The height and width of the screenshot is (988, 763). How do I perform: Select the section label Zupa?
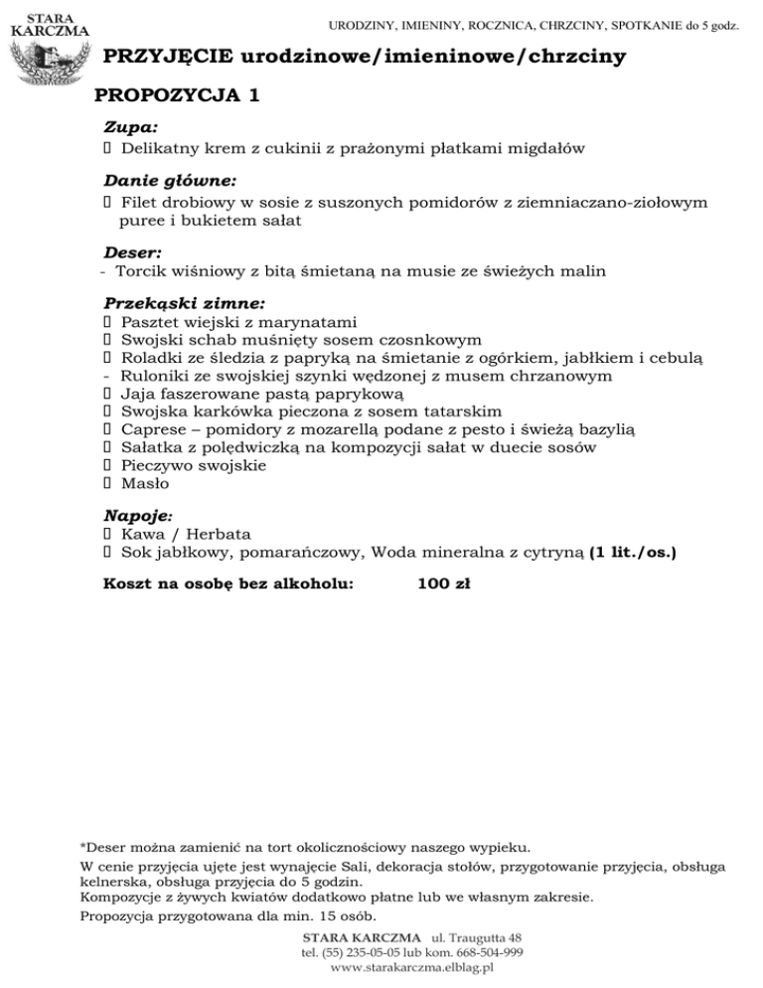pos(131,128)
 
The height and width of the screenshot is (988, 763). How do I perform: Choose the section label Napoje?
pos(138,517)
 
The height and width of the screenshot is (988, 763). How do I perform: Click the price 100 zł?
pos(444,585)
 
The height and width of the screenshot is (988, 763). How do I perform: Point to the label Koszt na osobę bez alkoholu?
pos(229,585)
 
